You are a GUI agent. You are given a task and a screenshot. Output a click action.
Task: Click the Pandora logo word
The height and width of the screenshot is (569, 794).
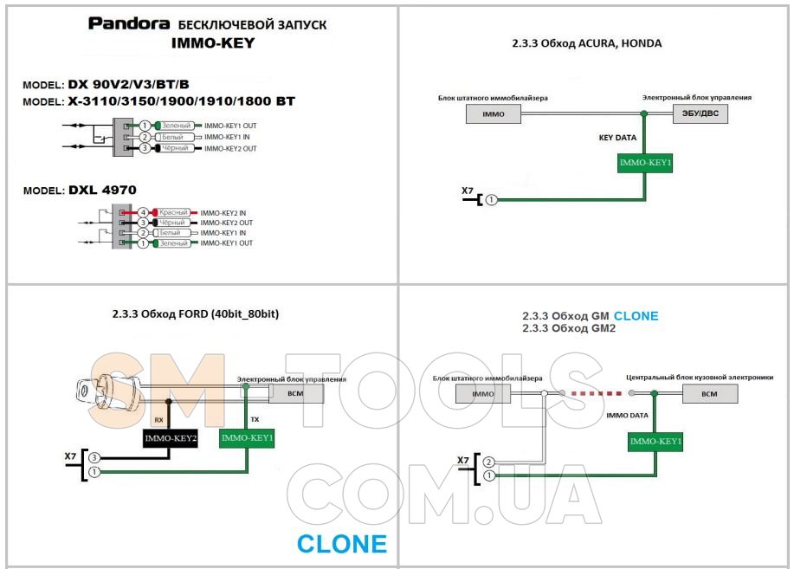125,23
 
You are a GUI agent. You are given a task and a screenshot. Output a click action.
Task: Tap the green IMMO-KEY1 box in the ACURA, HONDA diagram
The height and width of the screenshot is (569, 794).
645,162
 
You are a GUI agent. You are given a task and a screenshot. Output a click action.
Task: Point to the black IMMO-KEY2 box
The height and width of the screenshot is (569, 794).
171,439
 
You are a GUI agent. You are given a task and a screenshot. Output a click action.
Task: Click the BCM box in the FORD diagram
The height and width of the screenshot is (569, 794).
295,394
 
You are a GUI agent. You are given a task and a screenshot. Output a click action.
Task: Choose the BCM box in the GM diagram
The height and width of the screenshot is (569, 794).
709,394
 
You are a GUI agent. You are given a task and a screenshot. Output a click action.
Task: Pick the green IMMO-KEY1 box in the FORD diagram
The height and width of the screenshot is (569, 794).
247,439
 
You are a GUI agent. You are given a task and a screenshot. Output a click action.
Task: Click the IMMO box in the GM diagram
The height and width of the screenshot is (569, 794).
482,394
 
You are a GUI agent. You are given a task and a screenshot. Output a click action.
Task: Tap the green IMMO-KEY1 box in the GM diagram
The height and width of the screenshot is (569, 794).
655,442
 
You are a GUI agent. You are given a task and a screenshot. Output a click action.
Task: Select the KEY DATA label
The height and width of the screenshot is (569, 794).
616,137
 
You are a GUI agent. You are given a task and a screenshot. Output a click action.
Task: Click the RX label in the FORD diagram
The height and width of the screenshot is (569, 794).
158,419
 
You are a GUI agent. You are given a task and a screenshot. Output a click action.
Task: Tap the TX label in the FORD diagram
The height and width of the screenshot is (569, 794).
255,419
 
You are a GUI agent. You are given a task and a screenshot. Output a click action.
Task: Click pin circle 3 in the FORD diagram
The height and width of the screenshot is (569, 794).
94,456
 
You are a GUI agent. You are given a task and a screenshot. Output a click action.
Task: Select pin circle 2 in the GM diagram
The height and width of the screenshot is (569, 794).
490,462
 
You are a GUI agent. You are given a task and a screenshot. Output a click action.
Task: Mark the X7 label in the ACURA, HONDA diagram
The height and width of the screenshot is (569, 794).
468,191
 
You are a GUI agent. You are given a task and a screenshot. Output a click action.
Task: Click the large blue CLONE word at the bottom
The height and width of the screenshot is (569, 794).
341,544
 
